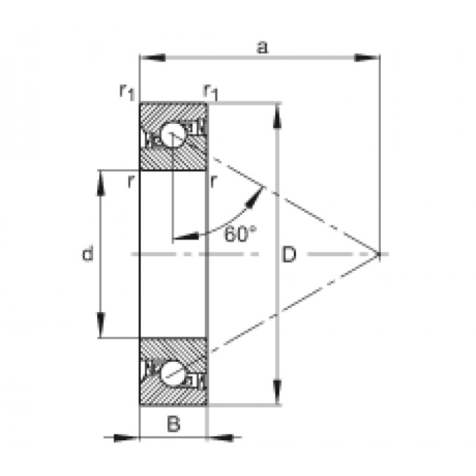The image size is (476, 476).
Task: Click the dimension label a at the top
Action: [x=262, y=48]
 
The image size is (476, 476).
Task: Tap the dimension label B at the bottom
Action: [x=174, y=423]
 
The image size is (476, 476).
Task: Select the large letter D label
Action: [x=288, y=254]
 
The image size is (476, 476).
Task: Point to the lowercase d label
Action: [x=87, y=253]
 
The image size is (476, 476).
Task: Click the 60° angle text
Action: [x=240, y=234]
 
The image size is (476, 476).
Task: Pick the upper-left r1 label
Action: [x=127, y=92]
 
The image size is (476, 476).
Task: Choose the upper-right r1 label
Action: [x=211, y=92]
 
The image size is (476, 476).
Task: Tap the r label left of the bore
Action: [x=131, y=181]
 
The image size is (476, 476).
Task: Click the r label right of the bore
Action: [x=213, y=181]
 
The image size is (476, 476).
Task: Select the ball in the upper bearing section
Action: [x=172, y=134]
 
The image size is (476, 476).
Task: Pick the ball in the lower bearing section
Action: [x=171, y=374]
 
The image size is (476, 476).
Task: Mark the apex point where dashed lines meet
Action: [x=379, y=254]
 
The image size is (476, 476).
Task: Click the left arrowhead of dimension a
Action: [x=153, y=57]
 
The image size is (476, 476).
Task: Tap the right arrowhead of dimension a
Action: [x=367, y=57]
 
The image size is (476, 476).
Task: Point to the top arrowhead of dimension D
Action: [x=277, y=116]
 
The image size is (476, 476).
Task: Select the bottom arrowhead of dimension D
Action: [x=277, y=392]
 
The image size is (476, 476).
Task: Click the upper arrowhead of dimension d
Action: [x=101, y=183]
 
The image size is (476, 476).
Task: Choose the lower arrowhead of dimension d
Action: [x=101, y=325]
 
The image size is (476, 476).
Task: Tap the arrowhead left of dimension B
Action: [x=126, y=437]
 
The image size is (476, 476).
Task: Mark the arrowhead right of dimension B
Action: [x=220, y=437]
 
